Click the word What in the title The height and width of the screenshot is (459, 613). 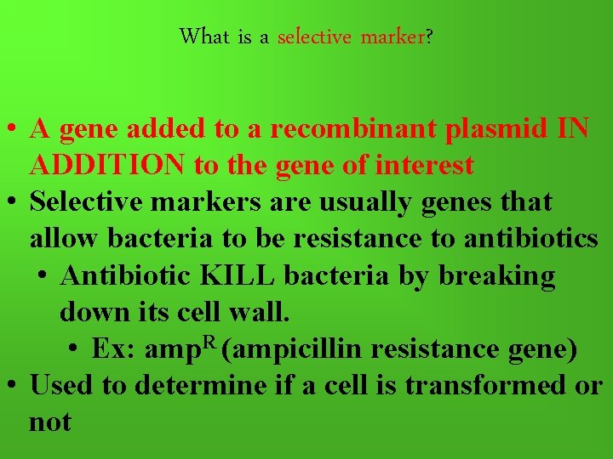point(204,37)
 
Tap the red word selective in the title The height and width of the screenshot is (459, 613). point(315,37)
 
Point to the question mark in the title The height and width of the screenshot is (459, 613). point(427,37)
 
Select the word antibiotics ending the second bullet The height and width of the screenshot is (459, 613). point(530,239)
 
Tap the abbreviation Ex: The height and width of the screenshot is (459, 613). point(114,348)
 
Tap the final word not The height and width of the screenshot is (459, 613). point(50,422)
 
